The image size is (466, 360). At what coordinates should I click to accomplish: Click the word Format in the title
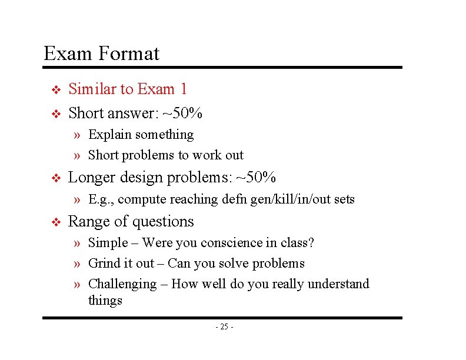129,54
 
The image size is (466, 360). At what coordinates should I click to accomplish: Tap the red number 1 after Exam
184,89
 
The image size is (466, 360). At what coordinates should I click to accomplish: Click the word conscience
233,242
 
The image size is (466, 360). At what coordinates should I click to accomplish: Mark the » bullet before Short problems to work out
78,155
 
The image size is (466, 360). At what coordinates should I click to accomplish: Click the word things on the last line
105,301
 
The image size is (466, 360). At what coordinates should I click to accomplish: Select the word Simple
108,242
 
